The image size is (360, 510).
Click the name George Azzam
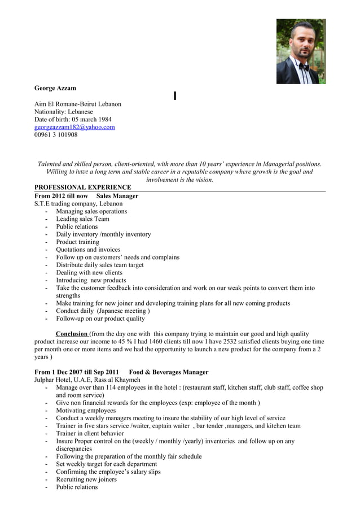(55, 88)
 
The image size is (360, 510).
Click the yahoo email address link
(74, 127)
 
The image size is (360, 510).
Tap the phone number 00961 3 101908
(56, 135)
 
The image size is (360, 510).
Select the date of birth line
(73, 119)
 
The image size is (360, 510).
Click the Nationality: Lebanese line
(64, 112)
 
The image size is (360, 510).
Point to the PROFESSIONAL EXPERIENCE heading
(82, 187)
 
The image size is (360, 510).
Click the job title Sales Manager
(117, 196)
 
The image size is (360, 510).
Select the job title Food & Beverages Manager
(169, 372)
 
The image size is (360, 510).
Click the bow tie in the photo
(304, 66)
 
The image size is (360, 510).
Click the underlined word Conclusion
(72, 334)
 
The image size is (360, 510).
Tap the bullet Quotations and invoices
(88, 250)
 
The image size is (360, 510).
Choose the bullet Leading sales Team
(82, 219)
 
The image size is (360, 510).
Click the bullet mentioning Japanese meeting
(103, 311)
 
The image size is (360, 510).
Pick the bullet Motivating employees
(86, 411)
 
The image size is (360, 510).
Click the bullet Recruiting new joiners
(86, 480)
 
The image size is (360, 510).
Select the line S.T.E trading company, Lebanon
(78, 203)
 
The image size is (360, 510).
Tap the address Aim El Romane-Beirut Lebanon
(78, 104)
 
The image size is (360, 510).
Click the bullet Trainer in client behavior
(90, 433)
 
